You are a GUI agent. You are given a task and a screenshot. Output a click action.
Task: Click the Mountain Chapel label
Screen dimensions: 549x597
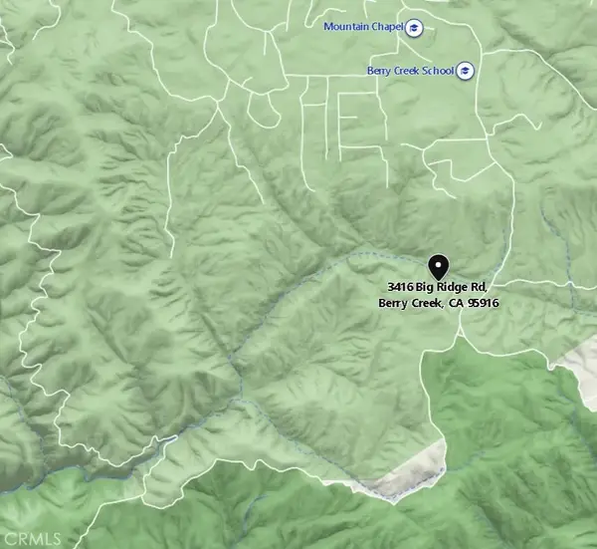[x=362, y=26]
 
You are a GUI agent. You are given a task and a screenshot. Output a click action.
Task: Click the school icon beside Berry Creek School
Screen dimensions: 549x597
[x=465, y=71]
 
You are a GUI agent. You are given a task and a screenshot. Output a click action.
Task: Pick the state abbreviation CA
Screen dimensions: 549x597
[x=454, y=303]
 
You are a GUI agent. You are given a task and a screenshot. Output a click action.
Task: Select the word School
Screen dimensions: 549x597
[x=439, y=71]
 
